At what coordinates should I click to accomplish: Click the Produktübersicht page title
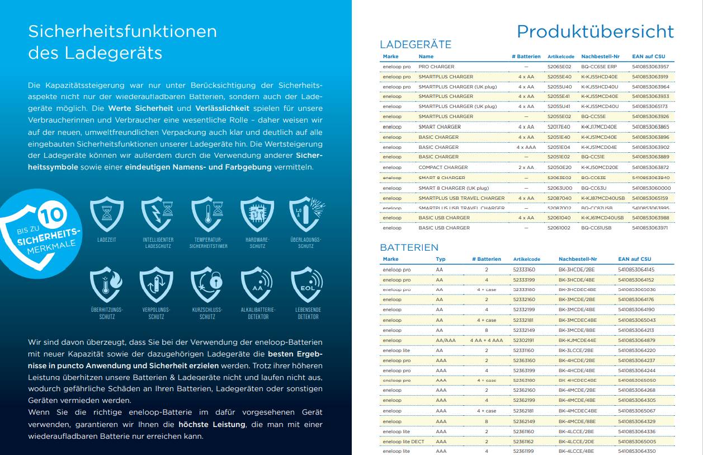tap(595, 31)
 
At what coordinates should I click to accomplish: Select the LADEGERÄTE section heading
tap(415, 45)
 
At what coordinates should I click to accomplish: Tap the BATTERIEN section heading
tap(409, 247)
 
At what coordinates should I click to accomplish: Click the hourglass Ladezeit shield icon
tap(106, 215)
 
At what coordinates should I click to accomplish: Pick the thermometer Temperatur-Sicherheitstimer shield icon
tap(208, 215)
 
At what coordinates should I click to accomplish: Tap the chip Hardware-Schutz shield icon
tap(257, 215)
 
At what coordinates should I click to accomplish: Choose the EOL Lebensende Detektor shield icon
tap(307, 285)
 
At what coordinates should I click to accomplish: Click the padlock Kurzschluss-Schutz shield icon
tap(207, 285)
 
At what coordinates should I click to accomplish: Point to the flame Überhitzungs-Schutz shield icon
tap(106, 285)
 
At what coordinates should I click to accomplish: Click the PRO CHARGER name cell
tap(436, 67)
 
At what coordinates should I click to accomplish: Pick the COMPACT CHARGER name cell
tap(443, 167)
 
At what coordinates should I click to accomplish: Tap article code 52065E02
tap(559, 67)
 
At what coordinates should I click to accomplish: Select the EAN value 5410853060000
tap(651, 188)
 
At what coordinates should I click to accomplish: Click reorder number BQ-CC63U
tap(593, 188)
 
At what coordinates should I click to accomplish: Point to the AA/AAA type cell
tap(445, 340)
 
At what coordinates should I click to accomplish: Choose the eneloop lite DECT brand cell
tap(403, 442)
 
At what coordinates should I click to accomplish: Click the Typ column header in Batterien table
tap(441, 259)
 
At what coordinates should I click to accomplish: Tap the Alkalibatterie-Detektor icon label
tap(257, 313)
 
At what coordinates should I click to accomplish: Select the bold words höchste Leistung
tap(211, 425)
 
